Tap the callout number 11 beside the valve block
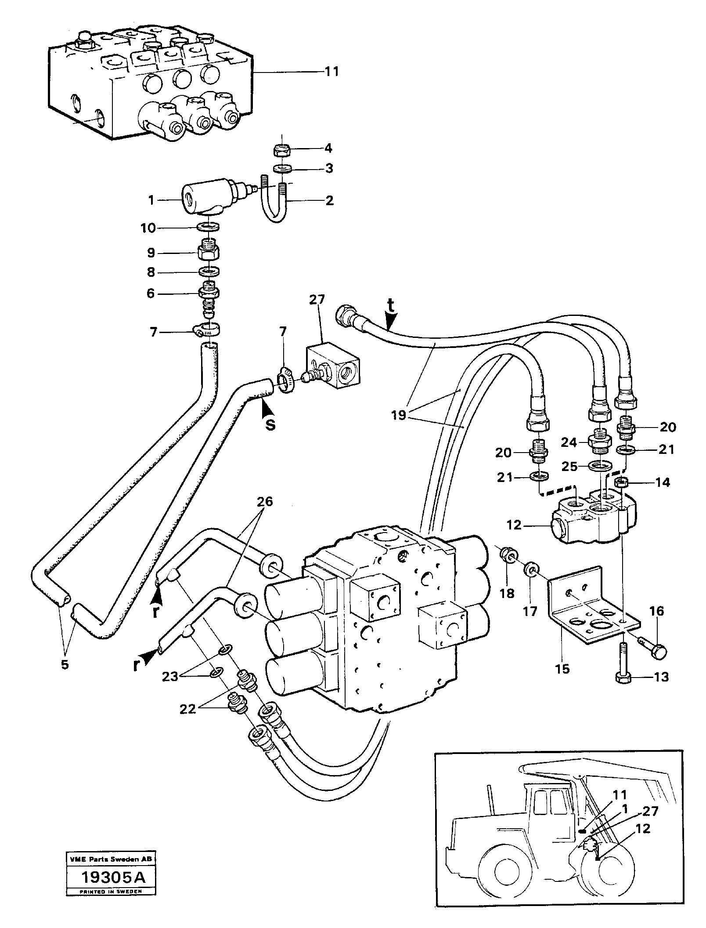[331, 71]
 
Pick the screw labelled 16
[654, 651]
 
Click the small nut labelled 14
[622, 482]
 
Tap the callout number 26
[265, 501]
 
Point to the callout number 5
[65, 664]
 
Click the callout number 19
[399, 415]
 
